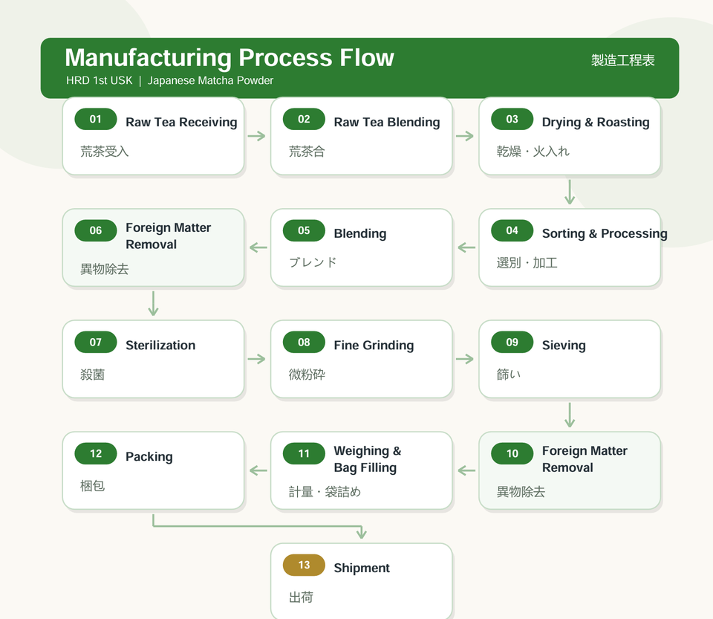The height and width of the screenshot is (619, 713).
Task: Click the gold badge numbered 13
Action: pos(304,565)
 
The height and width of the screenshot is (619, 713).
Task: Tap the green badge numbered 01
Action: pos(96,119)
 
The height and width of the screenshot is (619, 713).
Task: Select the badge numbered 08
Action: pos(304,342)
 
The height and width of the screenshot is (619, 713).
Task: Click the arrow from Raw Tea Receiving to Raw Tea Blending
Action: pos(257,136)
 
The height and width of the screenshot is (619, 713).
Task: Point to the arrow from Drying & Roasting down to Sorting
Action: pos(570,192)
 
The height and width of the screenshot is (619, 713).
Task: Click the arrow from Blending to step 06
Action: pos(258,247)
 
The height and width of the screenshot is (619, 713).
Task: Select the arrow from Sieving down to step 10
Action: pos(570,415)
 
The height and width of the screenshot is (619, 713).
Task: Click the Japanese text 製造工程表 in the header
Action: pos(622,60)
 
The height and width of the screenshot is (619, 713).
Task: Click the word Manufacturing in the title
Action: pos(149,58)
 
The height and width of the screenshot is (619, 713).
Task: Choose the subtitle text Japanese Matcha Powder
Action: pos(210,80)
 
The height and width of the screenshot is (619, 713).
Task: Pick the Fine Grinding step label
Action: pos(374,346)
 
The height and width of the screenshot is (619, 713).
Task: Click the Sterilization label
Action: pos(160,346)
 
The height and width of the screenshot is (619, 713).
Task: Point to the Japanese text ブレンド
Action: pos(313,262)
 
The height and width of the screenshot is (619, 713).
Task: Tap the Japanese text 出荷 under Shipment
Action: pos(301,597)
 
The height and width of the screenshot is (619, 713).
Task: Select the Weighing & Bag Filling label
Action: pos(368,459)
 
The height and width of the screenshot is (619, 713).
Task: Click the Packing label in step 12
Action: pos(149,456)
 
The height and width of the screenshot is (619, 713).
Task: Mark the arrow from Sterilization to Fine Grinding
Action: pos(257,359)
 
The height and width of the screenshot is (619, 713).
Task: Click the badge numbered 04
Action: pos(512,230)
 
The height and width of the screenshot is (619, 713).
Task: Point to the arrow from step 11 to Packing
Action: pos(258,470)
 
